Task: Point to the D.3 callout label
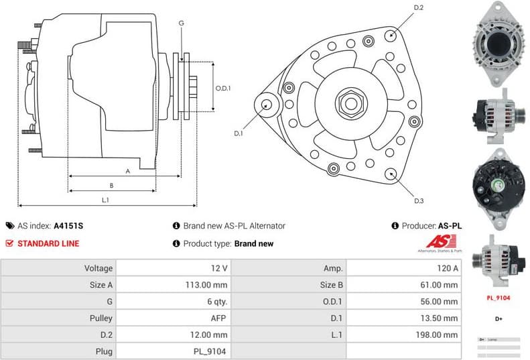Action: [x=419, y=200]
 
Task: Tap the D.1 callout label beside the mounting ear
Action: [x=239, y=133]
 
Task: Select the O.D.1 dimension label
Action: [x=223, y=88]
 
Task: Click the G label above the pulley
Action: [x=181, y=23]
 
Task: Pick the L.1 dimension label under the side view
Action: [x=105, y=200]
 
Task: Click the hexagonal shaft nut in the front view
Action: [x=350, y=104]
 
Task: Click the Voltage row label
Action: [x=98, y=268]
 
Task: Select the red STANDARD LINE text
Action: [x=48, y=243]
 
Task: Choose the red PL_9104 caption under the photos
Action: [x=498, y=297]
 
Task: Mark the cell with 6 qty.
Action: [x=216, y=301]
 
